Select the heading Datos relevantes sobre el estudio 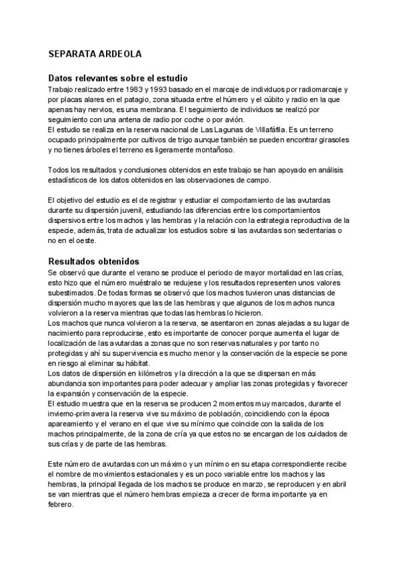coord(118,78)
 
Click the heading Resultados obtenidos coord(93,261)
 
